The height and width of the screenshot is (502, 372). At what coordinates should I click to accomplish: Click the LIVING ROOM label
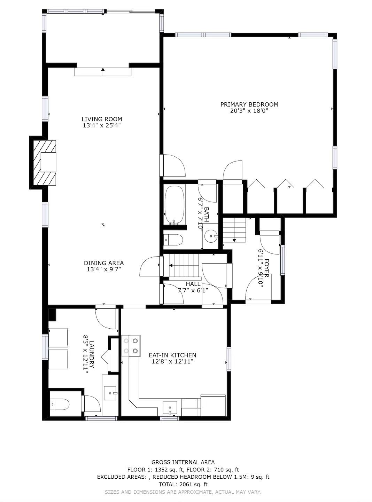click(102, 119)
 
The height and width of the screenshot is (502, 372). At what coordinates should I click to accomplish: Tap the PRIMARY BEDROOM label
click(249, 104)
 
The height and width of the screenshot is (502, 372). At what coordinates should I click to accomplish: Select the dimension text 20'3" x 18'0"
click(249, 111)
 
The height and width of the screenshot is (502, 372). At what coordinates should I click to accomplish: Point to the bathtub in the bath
click(174, 204)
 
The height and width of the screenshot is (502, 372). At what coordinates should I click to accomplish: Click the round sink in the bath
click(211, 236)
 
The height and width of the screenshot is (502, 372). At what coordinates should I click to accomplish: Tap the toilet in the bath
click(173, 240)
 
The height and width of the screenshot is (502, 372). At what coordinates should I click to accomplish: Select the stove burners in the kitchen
click(131, 346)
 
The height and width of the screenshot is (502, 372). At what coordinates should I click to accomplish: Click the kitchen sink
click(170, 407)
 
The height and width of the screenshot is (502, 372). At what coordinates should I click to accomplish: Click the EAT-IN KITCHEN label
click(172, 355)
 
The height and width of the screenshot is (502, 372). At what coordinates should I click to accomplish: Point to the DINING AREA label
click(103, 263)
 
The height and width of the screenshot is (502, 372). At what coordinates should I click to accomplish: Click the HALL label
click(193, 284)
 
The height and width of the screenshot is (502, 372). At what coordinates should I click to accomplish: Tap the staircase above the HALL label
click(181, 265)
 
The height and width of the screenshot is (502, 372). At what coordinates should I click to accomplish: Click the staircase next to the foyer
click(234, 230)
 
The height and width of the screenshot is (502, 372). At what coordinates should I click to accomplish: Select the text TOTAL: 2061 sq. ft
click(183, 484)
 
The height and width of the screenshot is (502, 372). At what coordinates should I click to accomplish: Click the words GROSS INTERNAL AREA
click(183, 462)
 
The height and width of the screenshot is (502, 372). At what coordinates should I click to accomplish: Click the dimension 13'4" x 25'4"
click(102, 126)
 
